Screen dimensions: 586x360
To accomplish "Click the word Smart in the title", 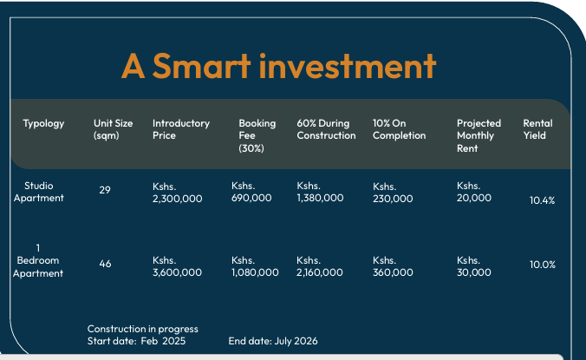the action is pyautogui.click(x=201, y=66).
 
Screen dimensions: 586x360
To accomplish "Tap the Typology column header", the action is pyautogui.click(x=43, y=124).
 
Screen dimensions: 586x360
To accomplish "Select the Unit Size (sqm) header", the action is pyautogui.click(x=113, y=129).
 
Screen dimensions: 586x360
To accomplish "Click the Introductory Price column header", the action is pyautogui.click(x=181, y=129).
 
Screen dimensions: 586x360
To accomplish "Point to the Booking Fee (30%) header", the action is pyautogui.click(x=257, y=135).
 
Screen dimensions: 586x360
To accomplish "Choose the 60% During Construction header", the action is pyautogui.click(x=326, y=129).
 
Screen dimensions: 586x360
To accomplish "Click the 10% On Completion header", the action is pyautogui.click(x=399, y=129).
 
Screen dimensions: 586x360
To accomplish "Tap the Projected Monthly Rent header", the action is pyautogui.click(x=479, y=135).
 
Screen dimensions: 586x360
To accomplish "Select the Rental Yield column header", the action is pyautogui.click(x=537, y=129).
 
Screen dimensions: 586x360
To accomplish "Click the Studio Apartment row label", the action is pyautogui.click(x=38, y=192).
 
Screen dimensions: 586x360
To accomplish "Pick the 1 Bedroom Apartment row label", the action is pyautogui.click(x=38, y=260).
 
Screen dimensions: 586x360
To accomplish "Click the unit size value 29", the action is pyautogui.click(x=105, y=190).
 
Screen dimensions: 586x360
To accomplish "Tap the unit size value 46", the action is pyautogui.click(x=105, y=264).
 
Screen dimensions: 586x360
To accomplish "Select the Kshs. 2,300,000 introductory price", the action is pyautogui.click(x=177, y=193).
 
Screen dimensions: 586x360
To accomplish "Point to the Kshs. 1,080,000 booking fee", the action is pyautogui.click(x=255, y=266).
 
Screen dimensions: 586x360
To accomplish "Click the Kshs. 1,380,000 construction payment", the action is pyautogui.click(x=320, y=192).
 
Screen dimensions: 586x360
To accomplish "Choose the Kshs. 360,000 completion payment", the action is pyautogui.click(x=393, y=266).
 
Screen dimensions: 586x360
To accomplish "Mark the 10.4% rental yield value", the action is pyautogui.click(x=543, y=200).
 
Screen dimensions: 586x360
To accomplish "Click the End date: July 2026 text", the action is pyautogui.click(x=273, y=341).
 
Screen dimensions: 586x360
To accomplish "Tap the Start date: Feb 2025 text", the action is pyautogui.click(x=136, y=341).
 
